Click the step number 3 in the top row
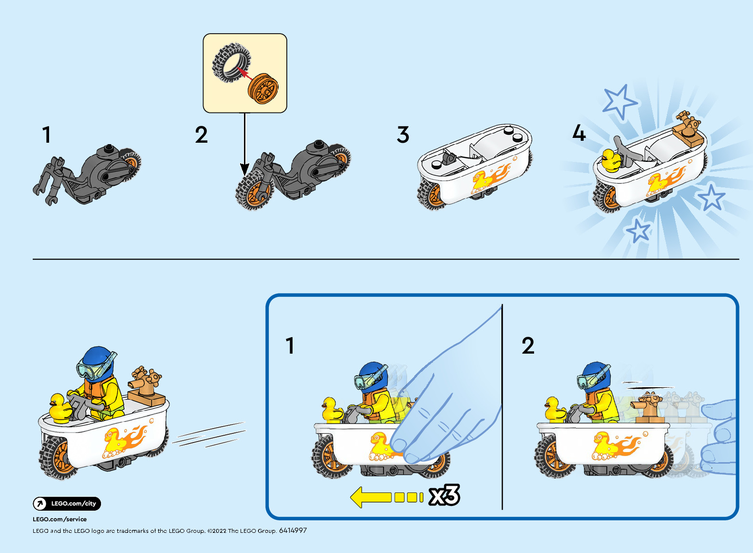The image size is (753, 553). (x=403, y=135)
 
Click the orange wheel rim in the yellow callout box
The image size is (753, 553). (x=263, y=88)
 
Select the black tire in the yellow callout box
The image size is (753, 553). (x=231, y=62)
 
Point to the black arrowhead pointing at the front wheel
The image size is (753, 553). (x=244, y=169)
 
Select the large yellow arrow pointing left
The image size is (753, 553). (x=386, y=497)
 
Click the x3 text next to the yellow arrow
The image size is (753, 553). (x=444, y=495)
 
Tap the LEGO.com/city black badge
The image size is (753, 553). (x=67, y=504)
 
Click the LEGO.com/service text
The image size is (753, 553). (x=60, y=519)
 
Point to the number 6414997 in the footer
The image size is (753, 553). (x=293, y=530)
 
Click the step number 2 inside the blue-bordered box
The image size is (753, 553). (x=528, y=345)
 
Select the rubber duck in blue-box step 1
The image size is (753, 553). (x=332, y=409)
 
